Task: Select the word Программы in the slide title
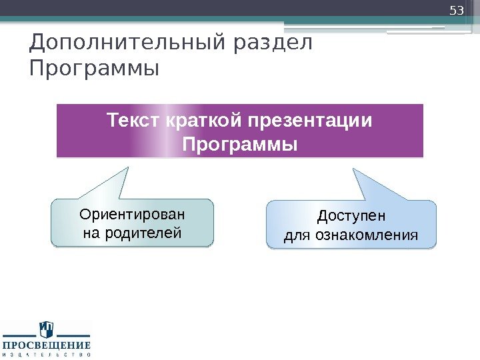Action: point(95,68)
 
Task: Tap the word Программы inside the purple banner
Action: point(240,145)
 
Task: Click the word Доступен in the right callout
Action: point(351,217)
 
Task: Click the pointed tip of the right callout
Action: point(353,169)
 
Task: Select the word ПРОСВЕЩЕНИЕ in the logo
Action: point(46,345)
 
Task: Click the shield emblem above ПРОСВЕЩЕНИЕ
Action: point(46,329)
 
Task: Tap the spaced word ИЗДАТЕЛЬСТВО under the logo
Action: point(46,355)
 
